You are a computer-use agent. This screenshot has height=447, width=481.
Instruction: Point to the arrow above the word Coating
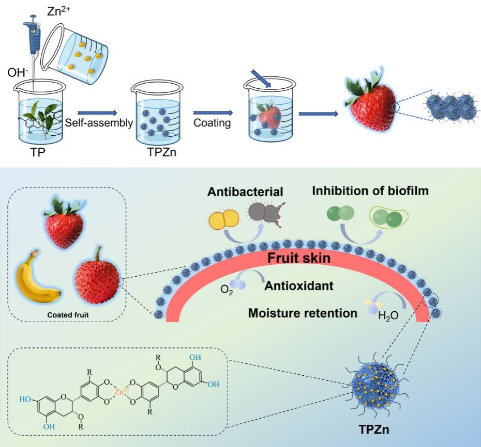click(x=212, y=111)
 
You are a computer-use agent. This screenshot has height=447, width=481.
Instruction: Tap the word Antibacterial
click(x=246, y=191)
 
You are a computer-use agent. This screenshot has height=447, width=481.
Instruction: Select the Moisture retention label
click(x=303, y=313)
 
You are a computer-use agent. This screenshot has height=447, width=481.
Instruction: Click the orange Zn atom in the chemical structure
click(x=121, y=392)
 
